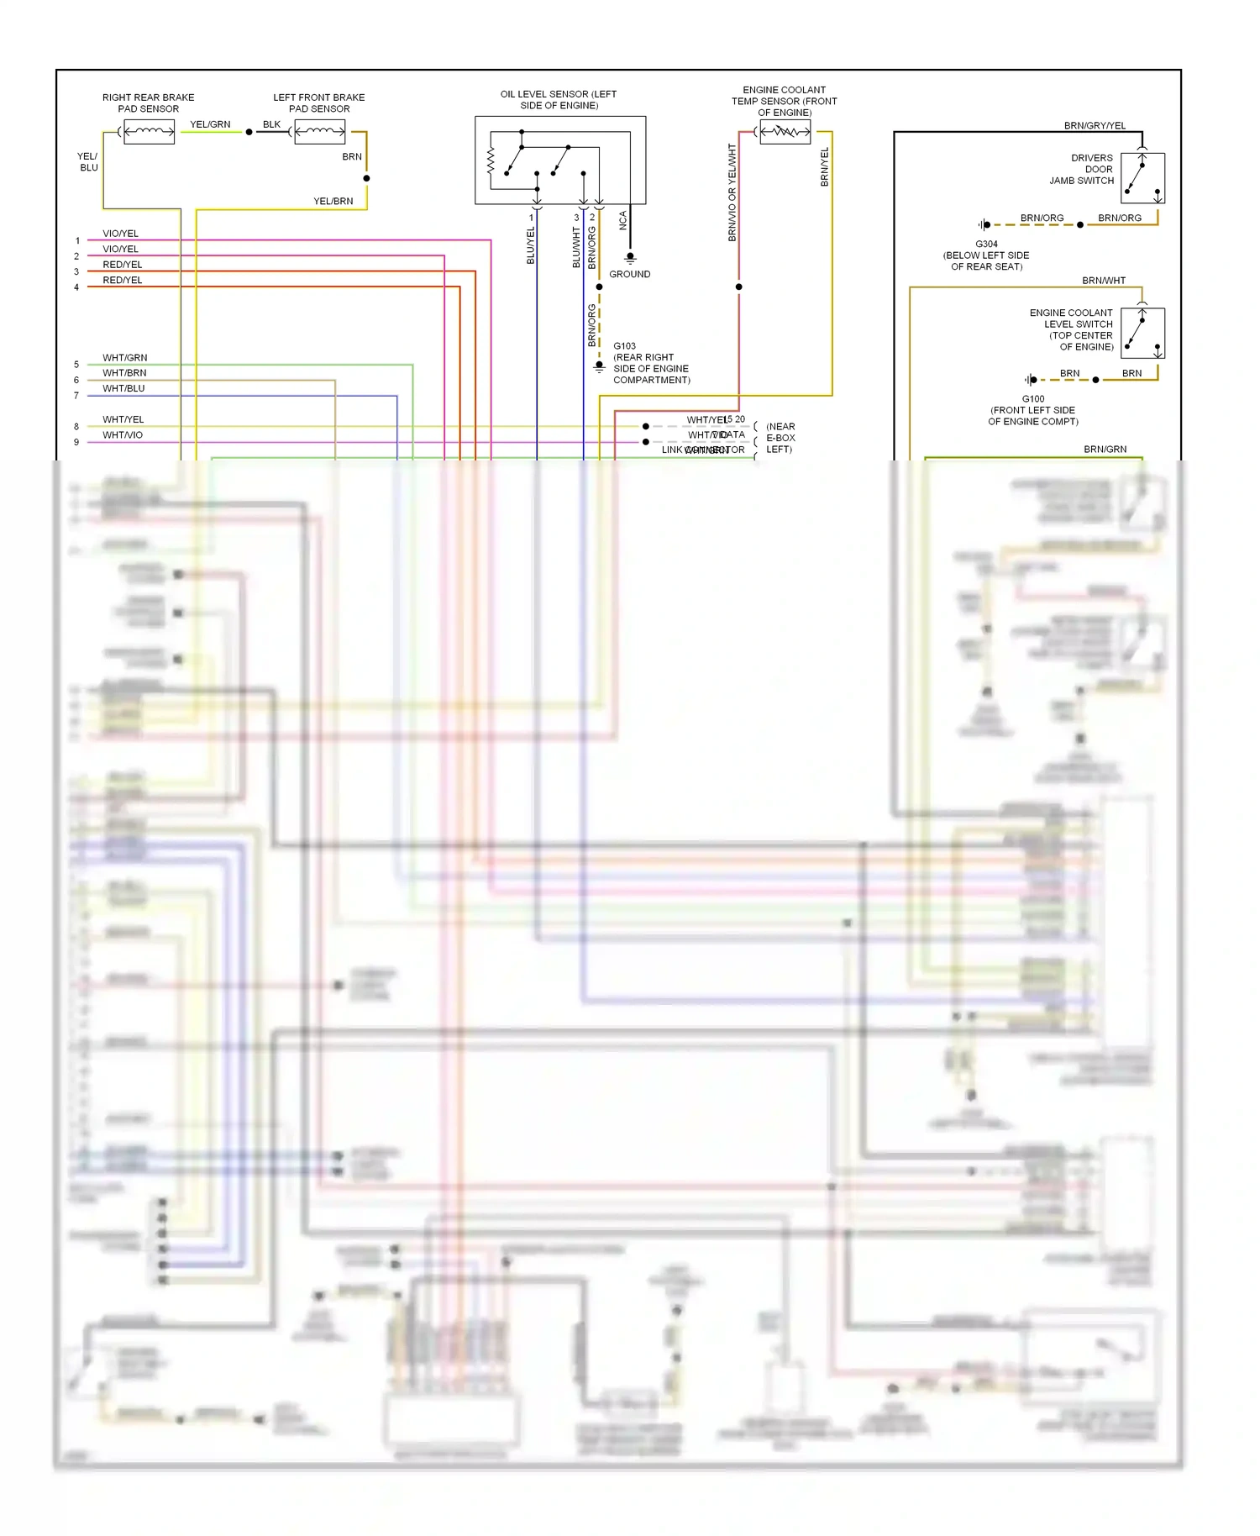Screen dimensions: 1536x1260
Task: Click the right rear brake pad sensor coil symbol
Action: point(149,132)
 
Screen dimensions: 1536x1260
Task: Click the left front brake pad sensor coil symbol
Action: point(319,132)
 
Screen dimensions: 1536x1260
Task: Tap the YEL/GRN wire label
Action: point(210,124)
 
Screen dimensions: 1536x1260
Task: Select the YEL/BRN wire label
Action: point(333,202)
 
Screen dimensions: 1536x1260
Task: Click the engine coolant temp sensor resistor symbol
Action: point(785,132)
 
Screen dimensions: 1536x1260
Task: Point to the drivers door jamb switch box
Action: point(1142,178)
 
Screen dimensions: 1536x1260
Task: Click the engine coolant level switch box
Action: point(1142,334)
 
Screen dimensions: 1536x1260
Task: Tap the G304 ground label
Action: point(986,245)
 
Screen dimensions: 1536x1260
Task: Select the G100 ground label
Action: point(1033,399)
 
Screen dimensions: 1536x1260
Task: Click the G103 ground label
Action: point(624,346)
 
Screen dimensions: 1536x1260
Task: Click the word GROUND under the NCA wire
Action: point(629,275)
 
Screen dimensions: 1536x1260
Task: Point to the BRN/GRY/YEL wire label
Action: point(1095,126)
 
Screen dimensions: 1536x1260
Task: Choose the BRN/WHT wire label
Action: point(1103,281)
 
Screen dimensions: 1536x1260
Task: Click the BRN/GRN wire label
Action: point(1105,450)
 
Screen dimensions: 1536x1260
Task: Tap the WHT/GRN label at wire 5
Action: point(124,358)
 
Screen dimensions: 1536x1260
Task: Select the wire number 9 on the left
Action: point(76,442)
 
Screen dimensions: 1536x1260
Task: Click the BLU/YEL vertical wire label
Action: point(530,245)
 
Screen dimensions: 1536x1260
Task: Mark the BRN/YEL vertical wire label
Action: point(824,166)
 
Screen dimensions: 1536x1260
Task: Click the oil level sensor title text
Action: point(559,100)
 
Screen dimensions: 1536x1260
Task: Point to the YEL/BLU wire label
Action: point(88,162)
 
